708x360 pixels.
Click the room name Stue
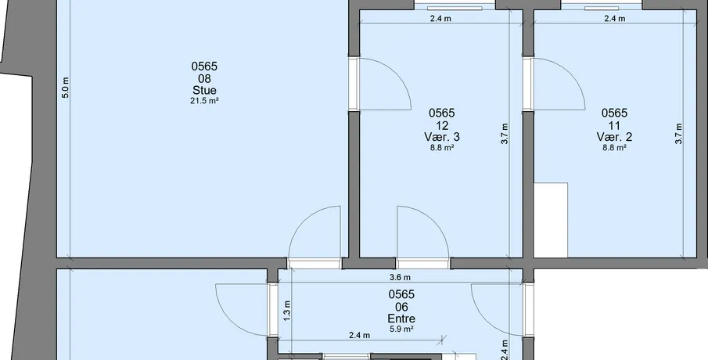click(x=204, y=90)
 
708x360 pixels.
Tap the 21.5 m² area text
click(x=204, y=101)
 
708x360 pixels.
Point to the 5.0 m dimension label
click(x=66, y=88)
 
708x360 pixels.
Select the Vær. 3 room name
click(x=442, y=136)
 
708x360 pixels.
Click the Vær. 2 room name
click(x=615, y=136)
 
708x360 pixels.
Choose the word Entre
click(x=401, y=319)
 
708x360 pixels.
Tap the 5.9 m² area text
click(x=401, y=329)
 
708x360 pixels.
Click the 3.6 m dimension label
click(x=400, y=277)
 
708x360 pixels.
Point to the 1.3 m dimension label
click(x=287, y=311)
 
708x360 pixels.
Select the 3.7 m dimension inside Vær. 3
click(x=505, y=134)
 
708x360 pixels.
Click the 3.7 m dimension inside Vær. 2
click(x=678, y=134)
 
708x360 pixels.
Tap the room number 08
click(x=204, y=78)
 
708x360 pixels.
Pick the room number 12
click(x=442, y=125)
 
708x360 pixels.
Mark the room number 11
click(x=615, y=125)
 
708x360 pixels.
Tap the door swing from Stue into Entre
click(x=300, y=221)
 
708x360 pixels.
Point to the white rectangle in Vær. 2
click(x=551, y=220)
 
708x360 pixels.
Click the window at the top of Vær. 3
click(x=455, y=7)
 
